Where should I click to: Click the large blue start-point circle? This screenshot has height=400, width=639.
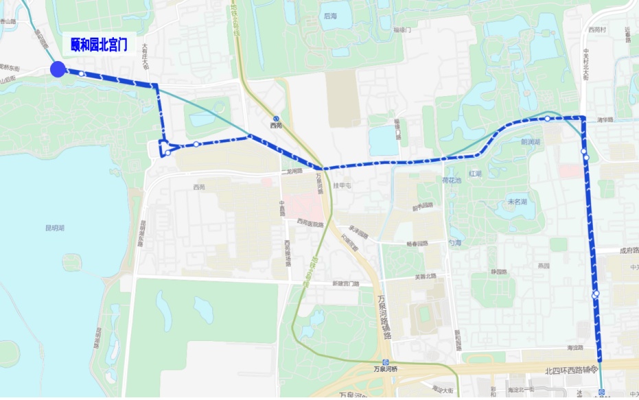pyautogui.click(x=58, y=69)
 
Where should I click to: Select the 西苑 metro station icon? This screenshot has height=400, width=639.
pyautogui.click(x=276, y=117)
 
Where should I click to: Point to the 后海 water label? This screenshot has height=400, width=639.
pyautogui.click(x=331, y=16)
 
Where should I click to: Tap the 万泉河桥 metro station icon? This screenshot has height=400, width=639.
pyautogui.click(x=386, y=362)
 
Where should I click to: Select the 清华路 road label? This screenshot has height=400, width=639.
pyautogui.click(x=605, y=119)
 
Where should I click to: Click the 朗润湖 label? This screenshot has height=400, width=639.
pyautogui.click(x=531, y=142)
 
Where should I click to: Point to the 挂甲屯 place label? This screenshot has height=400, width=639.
pyautogui.click(x=342, y=186)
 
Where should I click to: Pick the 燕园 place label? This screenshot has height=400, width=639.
pyautogui.click(x=544, y=266)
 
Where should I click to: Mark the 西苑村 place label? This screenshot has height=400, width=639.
pyautogui.click(x=597, y=30)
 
